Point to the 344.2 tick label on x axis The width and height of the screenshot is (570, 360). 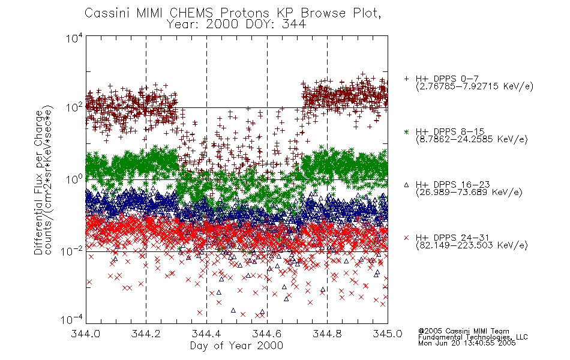tap(146, 334)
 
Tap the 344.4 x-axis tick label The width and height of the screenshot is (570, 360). tap(206, 334)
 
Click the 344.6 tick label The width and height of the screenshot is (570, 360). tap(267, 334)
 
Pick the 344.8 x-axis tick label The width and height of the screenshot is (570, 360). tap(327, 334)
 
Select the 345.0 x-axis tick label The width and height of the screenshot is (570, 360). tap(388, 334)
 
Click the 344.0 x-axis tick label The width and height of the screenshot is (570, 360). tap(86, 334)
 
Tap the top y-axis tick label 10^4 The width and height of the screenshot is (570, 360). tap(74, 38)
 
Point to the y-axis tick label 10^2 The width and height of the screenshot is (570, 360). tap(74, 107)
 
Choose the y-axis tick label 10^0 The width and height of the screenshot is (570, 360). tap(74, 179)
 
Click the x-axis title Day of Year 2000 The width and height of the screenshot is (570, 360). tap(236, 346)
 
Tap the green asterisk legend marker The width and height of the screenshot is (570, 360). tap(406, 132)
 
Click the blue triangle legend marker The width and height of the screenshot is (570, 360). tap(406, 185)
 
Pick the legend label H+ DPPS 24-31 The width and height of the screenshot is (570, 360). tap(452, 238)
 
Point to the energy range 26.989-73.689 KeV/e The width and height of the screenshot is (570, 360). tap(469, 193)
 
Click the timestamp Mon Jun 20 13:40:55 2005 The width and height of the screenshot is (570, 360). tap(467, 343)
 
